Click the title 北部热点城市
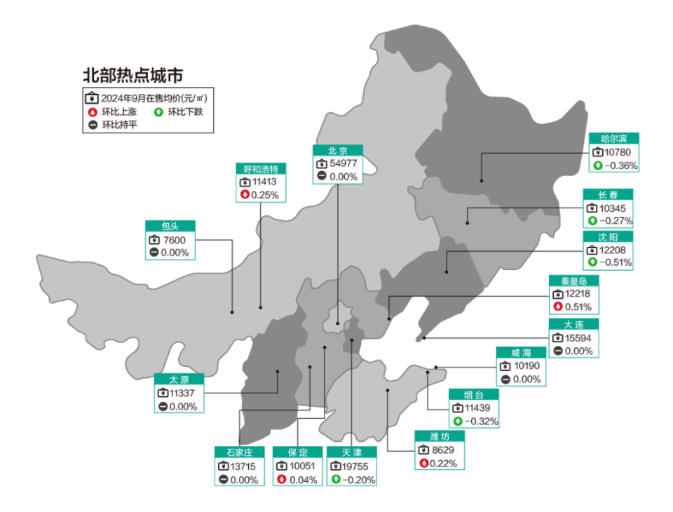(x=132, y=75)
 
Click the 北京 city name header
(x=337, y=151)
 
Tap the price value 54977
(x=344, y=164)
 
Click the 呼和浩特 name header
(x=260, y=169)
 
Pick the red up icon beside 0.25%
(x=245, y=195)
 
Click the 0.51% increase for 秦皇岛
(x=578, y=307)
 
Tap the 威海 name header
(x=521, y=353)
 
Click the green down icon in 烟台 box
(x=458, y=422)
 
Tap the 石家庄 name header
(x=239, y=452)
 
